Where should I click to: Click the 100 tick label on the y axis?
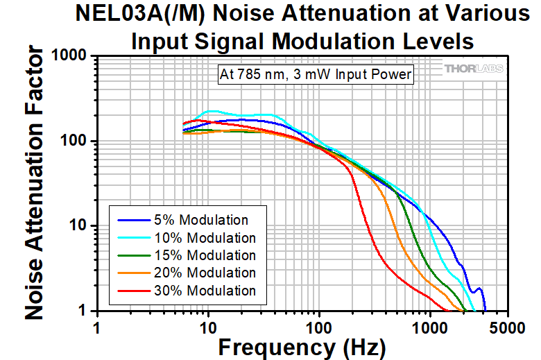(74, 141)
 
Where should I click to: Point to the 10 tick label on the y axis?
(78, 225)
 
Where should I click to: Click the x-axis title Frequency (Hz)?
(300, 346)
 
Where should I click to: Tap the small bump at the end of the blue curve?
(478, 289)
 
